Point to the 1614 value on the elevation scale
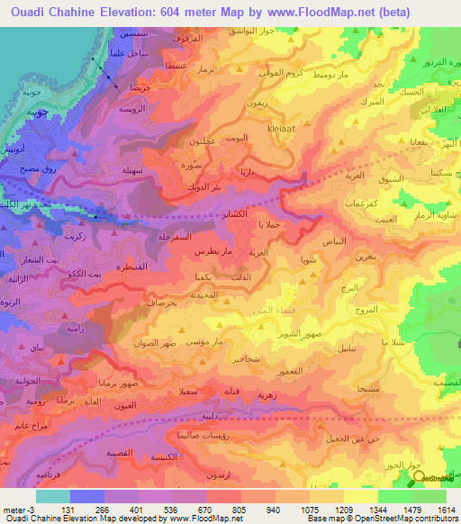tap(447, 508)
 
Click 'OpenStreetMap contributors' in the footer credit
tap(405, 518)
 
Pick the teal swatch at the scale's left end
tap(52, 495)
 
